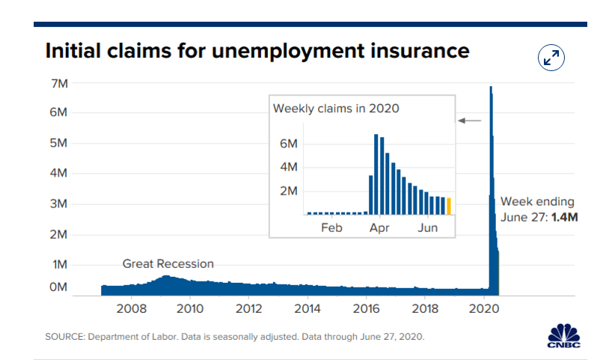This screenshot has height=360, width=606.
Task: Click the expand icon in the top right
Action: (551, 58)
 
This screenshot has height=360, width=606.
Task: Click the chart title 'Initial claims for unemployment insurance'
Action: (257, 51)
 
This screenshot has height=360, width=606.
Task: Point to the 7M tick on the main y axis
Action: (59, 82)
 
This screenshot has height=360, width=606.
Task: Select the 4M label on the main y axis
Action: (59, 173)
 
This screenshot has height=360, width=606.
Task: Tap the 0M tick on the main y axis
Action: (59, 287)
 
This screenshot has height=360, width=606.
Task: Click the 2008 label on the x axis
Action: (131, 308)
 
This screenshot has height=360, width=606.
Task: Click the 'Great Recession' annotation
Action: (168, 263)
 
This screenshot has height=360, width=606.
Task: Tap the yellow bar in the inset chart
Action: (449, 206)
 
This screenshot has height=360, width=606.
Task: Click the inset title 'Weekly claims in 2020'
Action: (336, 109)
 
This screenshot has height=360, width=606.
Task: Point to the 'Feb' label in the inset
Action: (331, 228)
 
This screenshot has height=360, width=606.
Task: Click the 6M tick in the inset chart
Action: (290, 143)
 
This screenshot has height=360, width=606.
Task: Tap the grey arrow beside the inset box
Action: (471, 120)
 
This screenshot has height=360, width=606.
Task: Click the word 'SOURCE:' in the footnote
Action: (64, 337)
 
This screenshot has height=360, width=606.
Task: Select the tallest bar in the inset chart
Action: (376, 174)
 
